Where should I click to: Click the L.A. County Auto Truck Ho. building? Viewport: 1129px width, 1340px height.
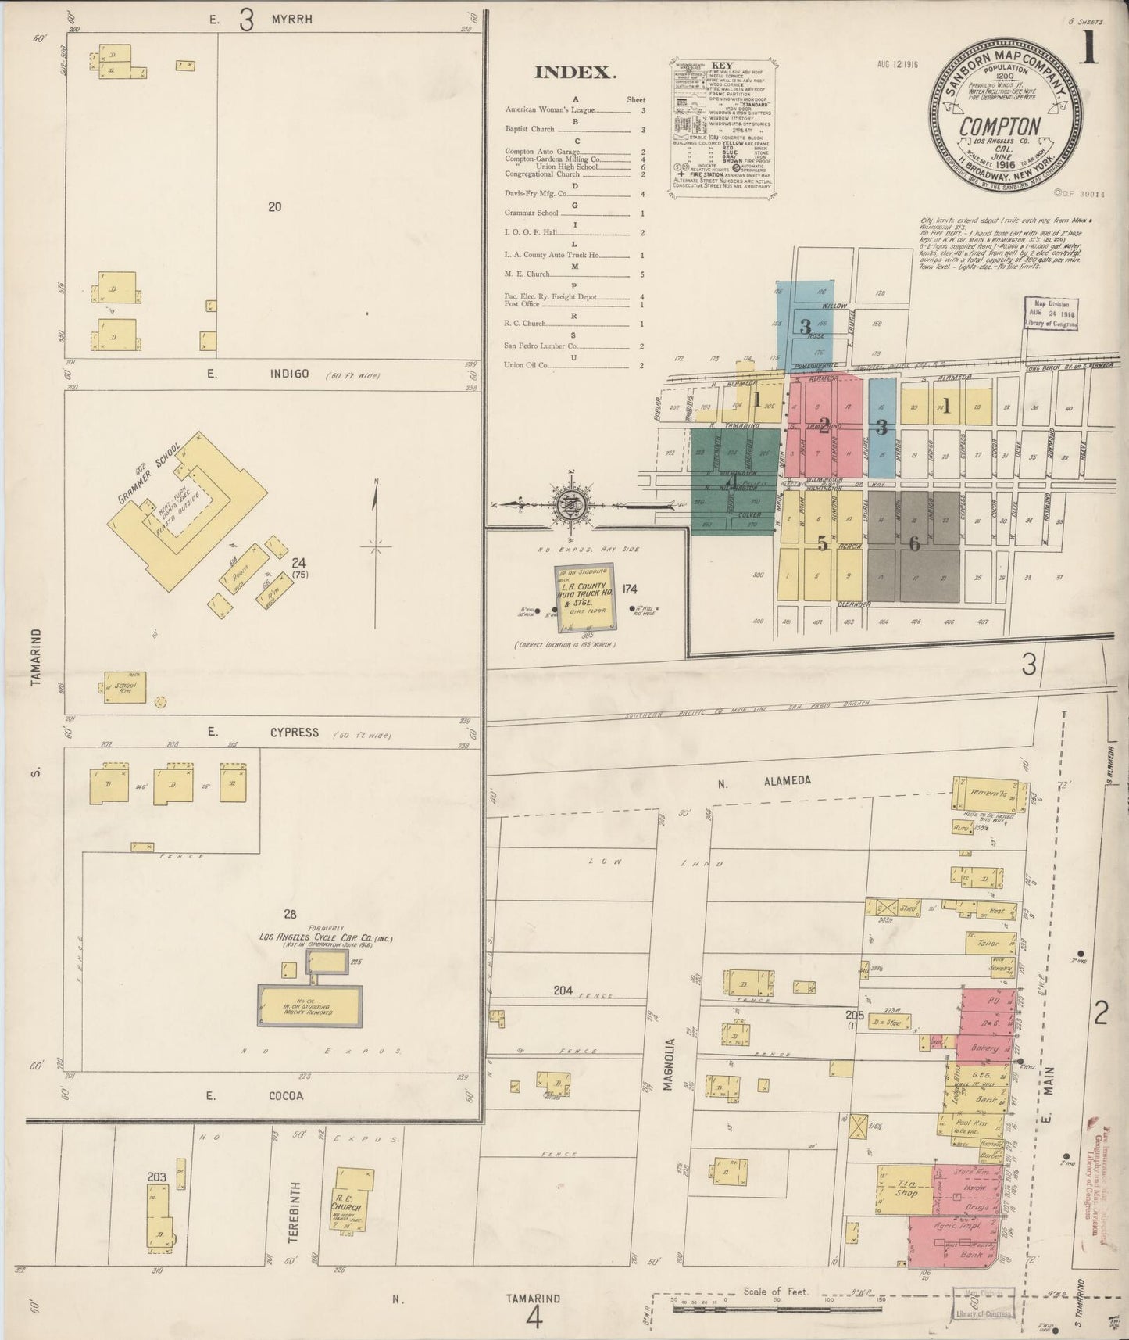pyautogui.click(x=584, y=597)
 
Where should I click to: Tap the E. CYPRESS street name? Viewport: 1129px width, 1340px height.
pyautogui.click(x=273, y=733)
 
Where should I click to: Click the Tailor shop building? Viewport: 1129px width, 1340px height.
pyautogui.click(x=989, y=944)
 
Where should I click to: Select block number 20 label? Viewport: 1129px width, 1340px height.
pyautogui.click(x=274, y=207)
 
